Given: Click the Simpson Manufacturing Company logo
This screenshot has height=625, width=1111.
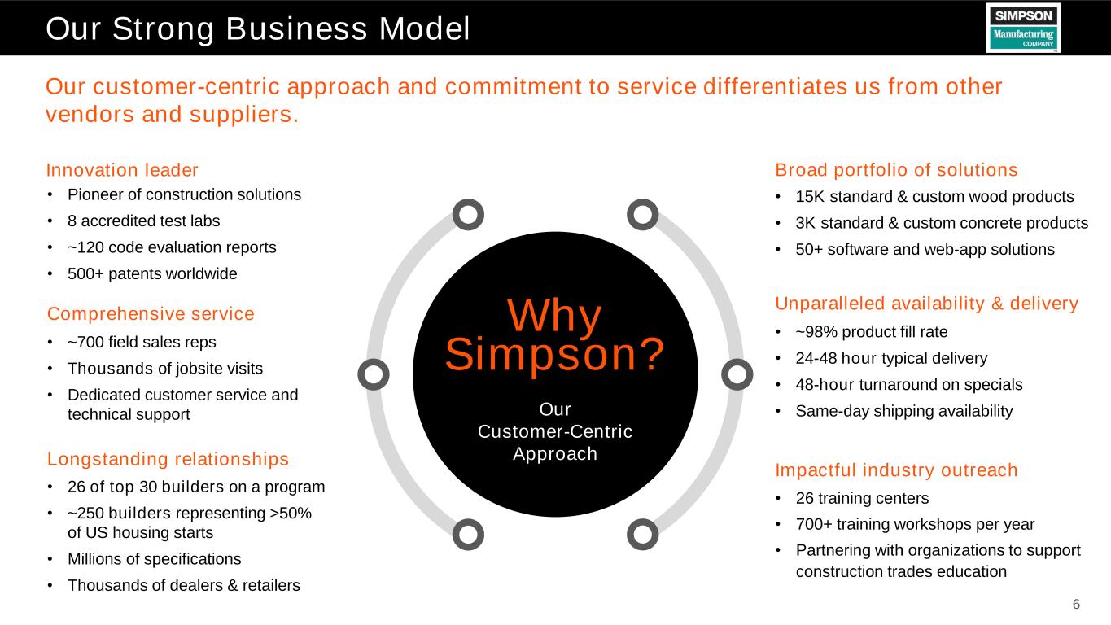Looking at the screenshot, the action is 1024,28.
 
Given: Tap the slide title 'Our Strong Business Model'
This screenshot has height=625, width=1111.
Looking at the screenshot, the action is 257,28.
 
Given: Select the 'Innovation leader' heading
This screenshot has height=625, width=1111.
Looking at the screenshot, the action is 122,169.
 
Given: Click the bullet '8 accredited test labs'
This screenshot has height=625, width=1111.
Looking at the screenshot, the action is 144,221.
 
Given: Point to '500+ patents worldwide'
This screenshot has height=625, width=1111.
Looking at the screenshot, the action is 152,273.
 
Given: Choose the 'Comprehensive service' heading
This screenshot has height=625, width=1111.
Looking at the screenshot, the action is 151,313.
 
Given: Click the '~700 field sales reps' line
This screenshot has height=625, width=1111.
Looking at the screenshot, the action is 142,342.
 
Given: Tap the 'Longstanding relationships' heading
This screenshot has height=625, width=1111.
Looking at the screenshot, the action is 168,459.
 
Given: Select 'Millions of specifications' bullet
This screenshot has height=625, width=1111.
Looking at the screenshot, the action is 155,558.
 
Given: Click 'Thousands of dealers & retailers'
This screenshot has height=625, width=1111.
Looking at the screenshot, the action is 184,585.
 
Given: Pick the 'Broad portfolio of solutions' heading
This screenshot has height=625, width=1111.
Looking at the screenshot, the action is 896,169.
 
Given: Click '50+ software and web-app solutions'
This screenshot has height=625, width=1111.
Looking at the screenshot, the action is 925,249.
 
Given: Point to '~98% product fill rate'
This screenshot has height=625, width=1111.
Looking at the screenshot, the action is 872,331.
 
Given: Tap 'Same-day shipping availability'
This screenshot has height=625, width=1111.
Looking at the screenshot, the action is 904,411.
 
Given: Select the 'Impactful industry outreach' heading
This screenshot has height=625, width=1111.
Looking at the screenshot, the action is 896,470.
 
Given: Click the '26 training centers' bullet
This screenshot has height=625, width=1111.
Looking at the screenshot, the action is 862,498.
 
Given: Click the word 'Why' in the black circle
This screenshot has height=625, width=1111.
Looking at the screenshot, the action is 554,316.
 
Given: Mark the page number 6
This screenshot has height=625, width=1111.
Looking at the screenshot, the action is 1076,604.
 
